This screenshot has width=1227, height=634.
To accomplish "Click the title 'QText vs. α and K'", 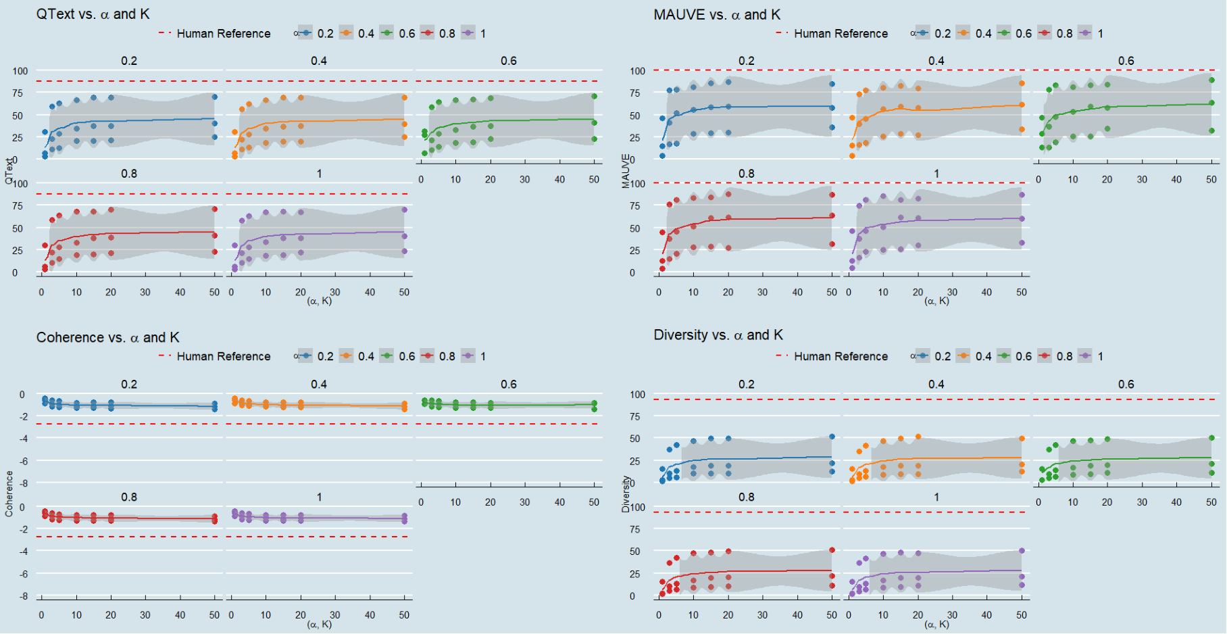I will tap(93, 14).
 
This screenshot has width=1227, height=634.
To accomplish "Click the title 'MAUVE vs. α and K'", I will tap(716, 15).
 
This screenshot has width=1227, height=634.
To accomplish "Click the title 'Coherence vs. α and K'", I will tap(107, 337).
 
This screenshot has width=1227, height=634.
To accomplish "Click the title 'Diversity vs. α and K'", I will tap(718, 335).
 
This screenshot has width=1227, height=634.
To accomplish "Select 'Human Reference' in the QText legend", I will tap(223, 34).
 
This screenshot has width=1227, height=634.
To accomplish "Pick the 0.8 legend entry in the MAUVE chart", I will tap(1063, 34).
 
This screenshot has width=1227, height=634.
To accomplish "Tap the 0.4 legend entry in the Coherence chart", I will tap(366, 356).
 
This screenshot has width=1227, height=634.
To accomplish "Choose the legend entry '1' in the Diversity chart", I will tap(1100, 356).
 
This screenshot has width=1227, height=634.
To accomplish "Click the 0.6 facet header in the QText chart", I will tap(509, 61).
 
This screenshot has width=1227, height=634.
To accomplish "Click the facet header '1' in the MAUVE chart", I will tap(936, 174).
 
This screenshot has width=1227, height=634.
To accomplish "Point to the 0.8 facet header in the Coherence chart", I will tap(129, 497).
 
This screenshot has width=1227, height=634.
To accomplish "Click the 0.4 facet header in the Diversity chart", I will tap(936, 384).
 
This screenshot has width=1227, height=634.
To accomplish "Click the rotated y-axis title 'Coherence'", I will tap(9, 494).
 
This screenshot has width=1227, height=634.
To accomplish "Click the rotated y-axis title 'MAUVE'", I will tap(626, 171).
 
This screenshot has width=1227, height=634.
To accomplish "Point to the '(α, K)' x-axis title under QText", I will tap(320, 301).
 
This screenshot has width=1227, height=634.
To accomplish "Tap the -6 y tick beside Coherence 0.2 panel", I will tap(23, 461).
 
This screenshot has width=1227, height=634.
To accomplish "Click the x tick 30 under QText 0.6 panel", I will tap(525, 180).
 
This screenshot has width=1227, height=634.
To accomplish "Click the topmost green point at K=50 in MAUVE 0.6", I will tap(1211, 80).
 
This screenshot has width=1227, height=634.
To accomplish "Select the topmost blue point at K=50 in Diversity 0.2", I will tap(832, 437).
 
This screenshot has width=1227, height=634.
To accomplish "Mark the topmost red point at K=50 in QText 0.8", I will tap(215, 209).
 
